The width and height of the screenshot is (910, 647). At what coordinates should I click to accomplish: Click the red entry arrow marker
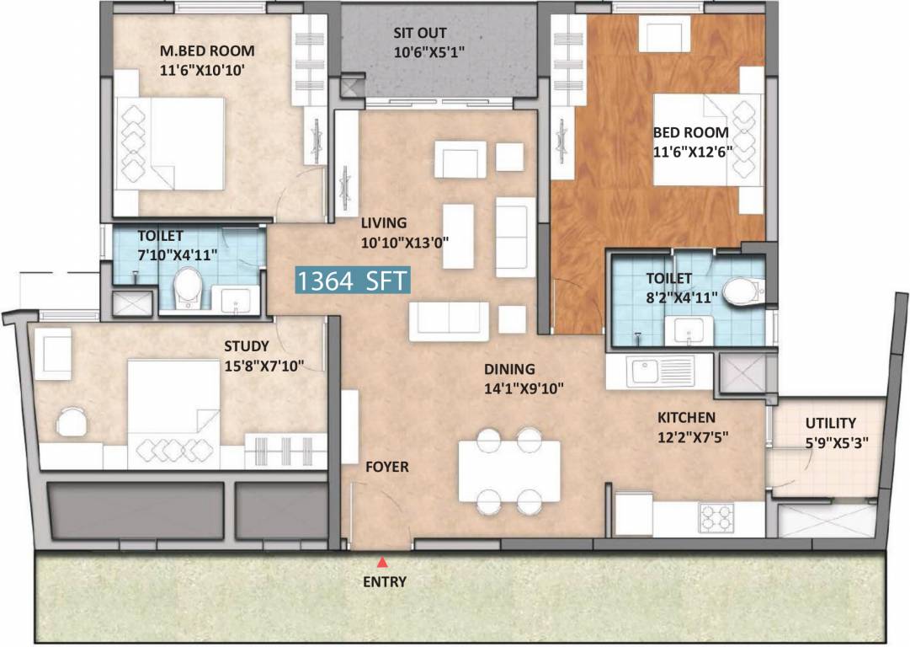tap(383, 562)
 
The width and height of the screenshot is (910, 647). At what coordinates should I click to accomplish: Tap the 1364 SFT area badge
tap(352, 281)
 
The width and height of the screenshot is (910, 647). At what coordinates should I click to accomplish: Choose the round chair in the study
tap(72, 420)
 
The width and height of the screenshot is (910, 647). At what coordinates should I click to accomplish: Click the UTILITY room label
tap(830, 423)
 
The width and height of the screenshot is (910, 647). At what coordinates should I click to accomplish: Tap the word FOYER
tap(386, 467)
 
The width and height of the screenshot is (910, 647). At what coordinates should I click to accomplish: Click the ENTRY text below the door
tap(384, 581)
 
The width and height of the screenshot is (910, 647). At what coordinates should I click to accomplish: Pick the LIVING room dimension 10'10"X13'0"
tap(404, 241)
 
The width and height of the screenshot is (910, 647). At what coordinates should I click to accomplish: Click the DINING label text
tap(508, 369)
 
